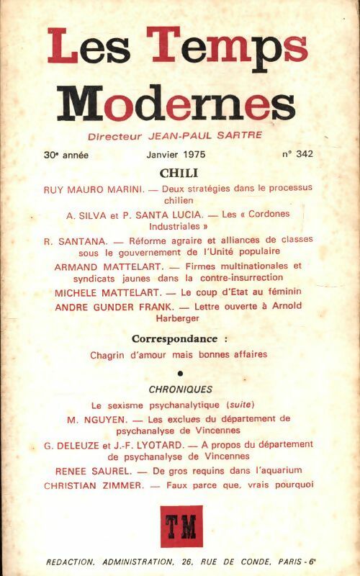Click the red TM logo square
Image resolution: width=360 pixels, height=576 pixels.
pos(181,526)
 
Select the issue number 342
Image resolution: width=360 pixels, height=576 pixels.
pos(298,154)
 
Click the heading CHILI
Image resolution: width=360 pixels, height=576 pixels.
pos(179,174)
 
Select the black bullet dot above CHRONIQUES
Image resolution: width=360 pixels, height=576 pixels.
pos(179,372)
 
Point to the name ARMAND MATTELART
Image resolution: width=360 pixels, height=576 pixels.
pos(105,266)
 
